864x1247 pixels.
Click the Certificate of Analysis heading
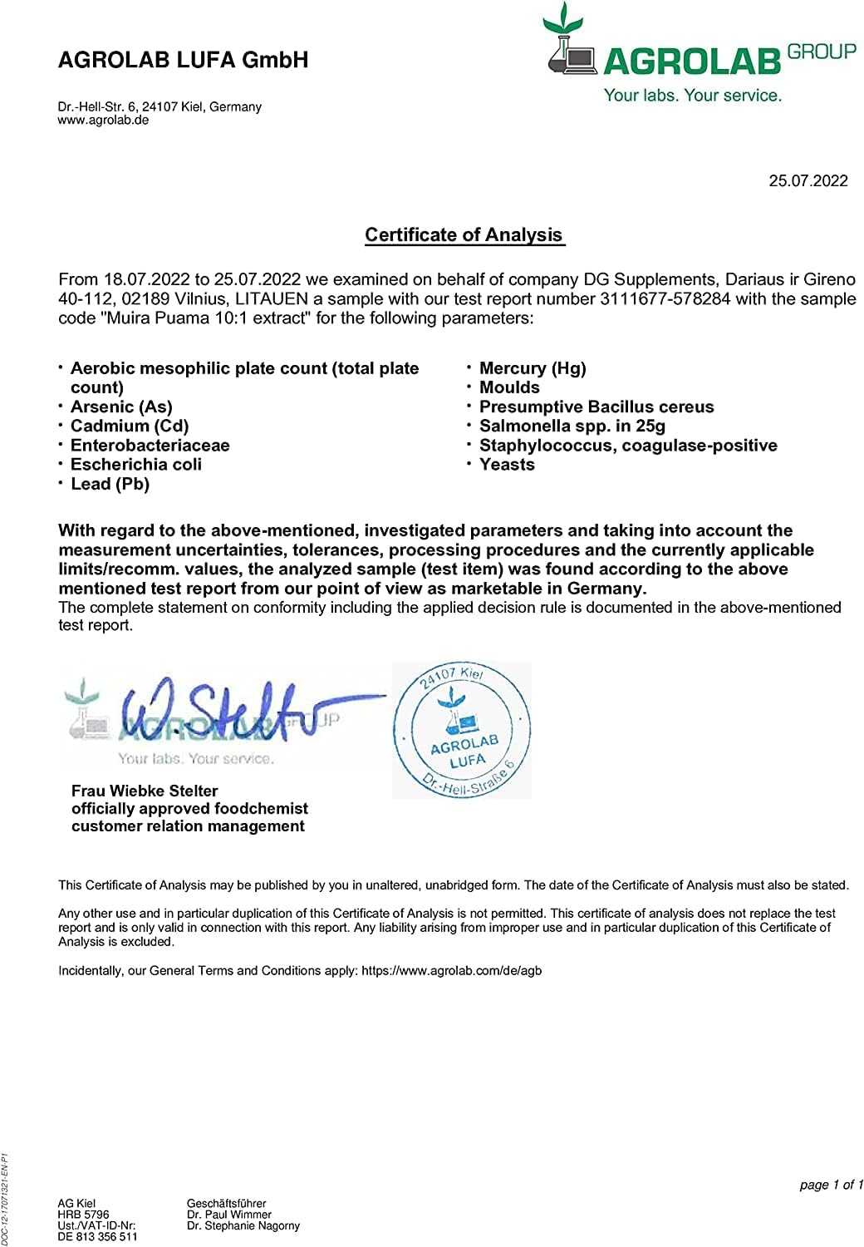point(464,235)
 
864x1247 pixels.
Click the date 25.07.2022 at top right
point(808,181)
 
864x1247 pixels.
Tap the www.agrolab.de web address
point(103,120)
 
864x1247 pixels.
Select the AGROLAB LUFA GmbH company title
point(183,60)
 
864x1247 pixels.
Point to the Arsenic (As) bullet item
point(121,407)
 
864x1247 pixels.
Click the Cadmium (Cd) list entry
point(130,426)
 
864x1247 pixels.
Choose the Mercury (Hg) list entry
point(533,368)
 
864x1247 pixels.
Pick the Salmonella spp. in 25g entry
point(572,426)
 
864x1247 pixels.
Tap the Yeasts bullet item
point(507,465)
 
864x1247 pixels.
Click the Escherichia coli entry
point(136,465)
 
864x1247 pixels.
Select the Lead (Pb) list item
point(110,484)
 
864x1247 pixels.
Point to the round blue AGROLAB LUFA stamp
point(462,731)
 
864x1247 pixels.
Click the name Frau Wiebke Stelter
point(145,791)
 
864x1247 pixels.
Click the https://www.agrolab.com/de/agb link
point(451,970)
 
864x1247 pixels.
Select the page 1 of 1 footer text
point(831,1185)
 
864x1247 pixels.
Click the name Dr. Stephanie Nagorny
point(243,1225)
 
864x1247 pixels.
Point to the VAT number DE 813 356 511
point(97,1236)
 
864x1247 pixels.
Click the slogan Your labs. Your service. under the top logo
point(692,96)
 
